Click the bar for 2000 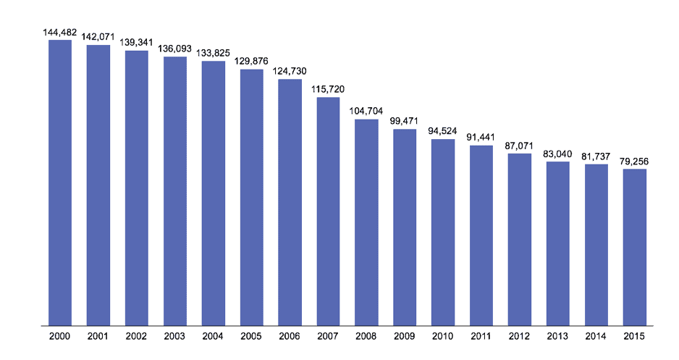coord(60,183)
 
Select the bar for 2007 coord(329,211)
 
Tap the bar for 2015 coord(635,247)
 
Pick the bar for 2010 coord(443,232)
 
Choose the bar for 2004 coord(214,193)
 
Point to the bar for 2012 coord(520,239)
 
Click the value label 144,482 coord(60,32)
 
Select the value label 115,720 coord(329,89)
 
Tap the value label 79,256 coord(635,161)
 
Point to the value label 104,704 coord(366,111)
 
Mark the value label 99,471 coord(405,121)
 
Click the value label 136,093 coord(175,49)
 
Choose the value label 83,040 coord(558,154)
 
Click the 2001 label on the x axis coord(98,337)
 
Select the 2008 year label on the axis coord(366,337)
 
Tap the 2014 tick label coord(596,337)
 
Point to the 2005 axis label coord(252,337)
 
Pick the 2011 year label coord(481,337)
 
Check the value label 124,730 coord(290,71)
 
